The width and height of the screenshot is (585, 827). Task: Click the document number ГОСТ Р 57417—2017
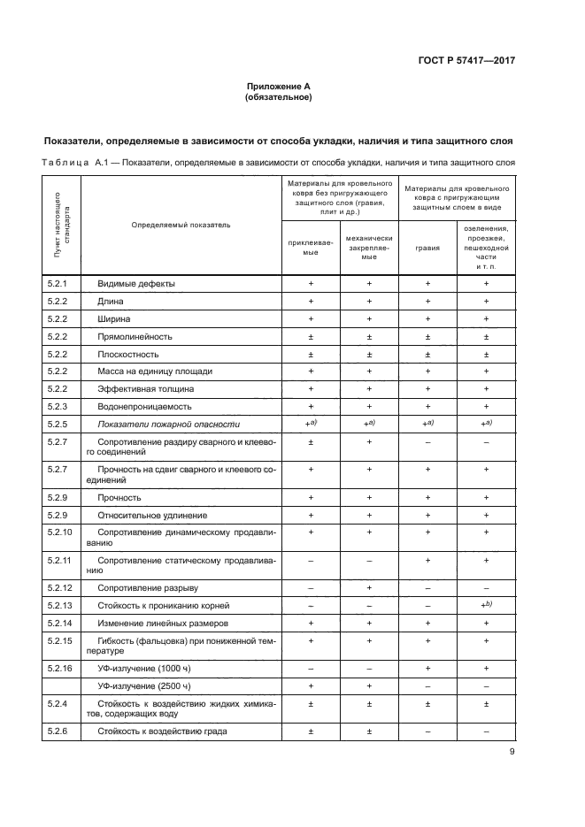pyautogui.click(x=466, y=60)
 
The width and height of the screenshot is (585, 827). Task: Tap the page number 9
pyautogui.click(x=512, y=754)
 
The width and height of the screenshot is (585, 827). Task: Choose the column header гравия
pyautogui.click(x=427, y=248)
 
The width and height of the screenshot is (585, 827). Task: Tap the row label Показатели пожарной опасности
pyautogui.click(x=168, y=424)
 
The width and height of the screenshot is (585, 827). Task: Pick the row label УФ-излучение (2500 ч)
pyautogui.click(x=144, y=685)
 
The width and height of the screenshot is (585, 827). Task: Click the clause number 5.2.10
pyautogui.click(x=60, y=532)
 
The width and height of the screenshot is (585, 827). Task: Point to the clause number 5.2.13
pyautogui.click(x=60, y=605)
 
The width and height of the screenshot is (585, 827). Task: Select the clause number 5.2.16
pyautogui.click(x=60, y=668)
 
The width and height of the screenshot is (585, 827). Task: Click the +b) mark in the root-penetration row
pyautogui.click(x=486, y=604)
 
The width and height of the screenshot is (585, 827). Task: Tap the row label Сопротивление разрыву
pyautogui.click(x=149, y=587)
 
